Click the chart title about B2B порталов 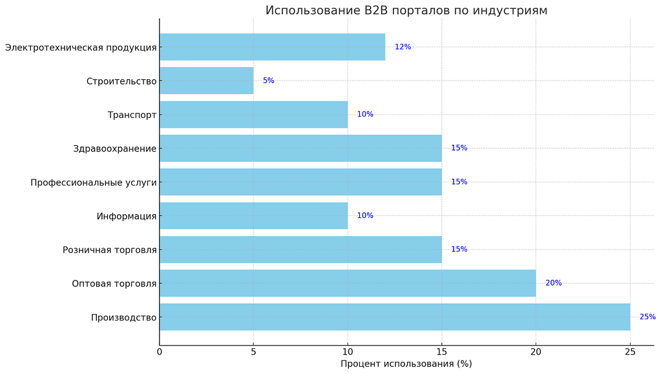click(x=406, y=10)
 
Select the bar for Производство click(x=394, y=317)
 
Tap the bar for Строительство click(x=206, y=81)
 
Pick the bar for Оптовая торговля click(x=348, y=283)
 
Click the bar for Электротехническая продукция click(x=272, y=47)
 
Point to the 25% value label click(x=647, y=317)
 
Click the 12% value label click(x=403, y=47)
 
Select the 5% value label click(x=268, y=81)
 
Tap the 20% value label click(x=553, y=283)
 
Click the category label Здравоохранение click(x=115, y=149)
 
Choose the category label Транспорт click(x=132, y=115)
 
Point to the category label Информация click(x=127, y=216)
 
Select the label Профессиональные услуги click(x=94, y=182)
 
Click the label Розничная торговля click(x=110, y=250)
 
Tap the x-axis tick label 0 click(x=160, y=351)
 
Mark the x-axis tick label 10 click(x=348, y=351)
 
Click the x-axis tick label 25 click(x=630, y=351)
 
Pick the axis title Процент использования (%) click(x=406, y=364)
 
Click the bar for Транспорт click(x=253, y=115)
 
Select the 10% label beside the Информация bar click(x=365, y=216)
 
